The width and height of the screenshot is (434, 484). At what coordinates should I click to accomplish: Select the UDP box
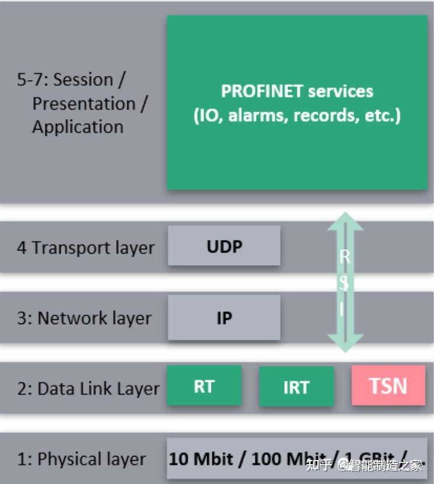click(x=224, y=246)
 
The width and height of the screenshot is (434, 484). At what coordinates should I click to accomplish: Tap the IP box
click(x=224, y=318)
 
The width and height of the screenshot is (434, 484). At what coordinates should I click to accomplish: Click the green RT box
click(x=204, y=386)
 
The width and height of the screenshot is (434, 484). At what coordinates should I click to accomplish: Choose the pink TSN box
click(x=388, y=386)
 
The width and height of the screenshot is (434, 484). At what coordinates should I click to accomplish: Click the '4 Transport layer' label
click(x=86, y=247)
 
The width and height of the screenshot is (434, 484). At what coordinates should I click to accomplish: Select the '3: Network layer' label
click(x=84, y=318)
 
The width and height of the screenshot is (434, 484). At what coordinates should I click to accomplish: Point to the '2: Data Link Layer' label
click(x=88, y=389)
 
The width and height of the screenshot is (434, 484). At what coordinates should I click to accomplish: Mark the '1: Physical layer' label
click(x=81, y=459)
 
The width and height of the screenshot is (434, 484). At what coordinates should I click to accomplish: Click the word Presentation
click(x=83, y=103)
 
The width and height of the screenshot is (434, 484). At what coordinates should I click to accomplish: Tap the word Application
click(x=78, y=127)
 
